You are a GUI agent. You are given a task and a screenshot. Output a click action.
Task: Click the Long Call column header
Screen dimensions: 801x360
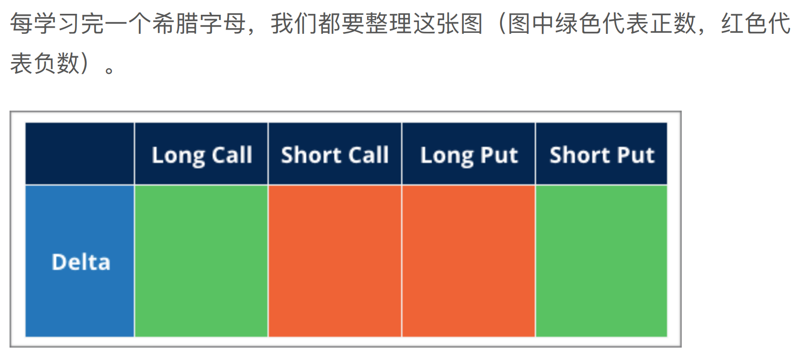[201, 154]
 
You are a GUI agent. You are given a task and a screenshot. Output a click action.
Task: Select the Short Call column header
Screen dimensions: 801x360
[335, 154]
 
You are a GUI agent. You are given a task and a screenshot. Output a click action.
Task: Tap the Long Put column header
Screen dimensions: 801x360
[468, 154]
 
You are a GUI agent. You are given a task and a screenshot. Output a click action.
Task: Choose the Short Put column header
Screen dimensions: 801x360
[602, 154]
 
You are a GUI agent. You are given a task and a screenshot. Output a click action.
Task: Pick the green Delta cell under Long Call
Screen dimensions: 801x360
[201, 261]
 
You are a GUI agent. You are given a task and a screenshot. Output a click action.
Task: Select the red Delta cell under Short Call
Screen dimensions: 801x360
[335, 261]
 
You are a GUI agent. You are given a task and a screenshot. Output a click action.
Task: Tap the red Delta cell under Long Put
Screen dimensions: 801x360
[468, 261]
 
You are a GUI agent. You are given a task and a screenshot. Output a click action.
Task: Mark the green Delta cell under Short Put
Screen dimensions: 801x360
[602, 261]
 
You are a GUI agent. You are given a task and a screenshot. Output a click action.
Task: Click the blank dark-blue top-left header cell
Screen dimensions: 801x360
[80, 154]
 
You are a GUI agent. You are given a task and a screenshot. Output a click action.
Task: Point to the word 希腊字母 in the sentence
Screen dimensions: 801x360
[199, 23]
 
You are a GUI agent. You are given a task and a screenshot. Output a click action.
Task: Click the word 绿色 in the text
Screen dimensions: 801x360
[578, 23]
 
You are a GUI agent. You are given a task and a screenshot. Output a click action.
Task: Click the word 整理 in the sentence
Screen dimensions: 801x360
[389, 23]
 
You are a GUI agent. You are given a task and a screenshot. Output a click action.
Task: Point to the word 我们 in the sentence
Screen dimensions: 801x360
[294, 23]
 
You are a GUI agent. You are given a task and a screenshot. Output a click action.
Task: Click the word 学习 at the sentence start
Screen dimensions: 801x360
[57, 23]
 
